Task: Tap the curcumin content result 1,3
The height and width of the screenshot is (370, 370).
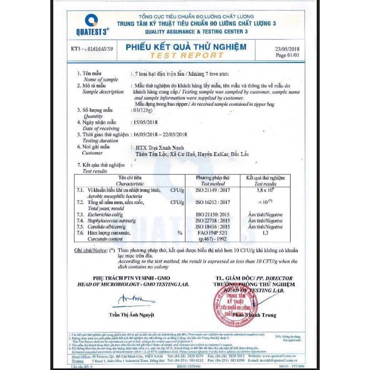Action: pos(265,233)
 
